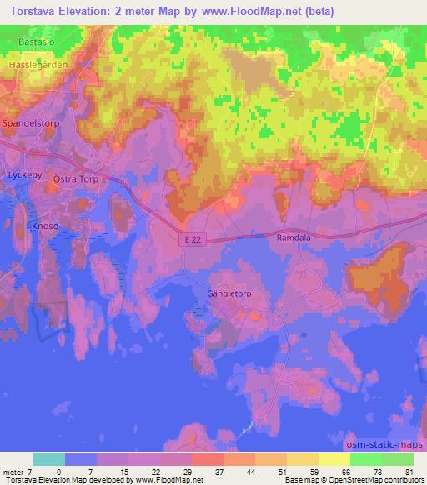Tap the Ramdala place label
point(293,237)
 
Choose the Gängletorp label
point(229,294)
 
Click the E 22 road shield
point(192,239)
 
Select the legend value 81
point(408,470)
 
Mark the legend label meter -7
point(18,470)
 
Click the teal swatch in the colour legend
point(49,459)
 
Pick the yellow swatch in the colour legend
point(334,459)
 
